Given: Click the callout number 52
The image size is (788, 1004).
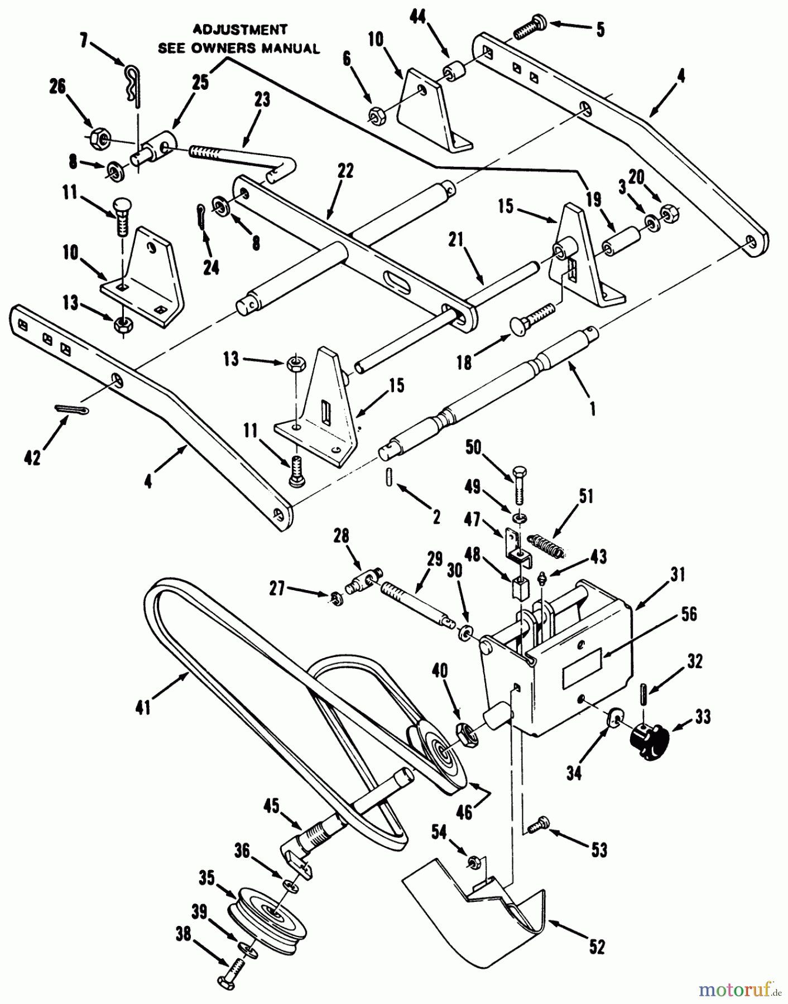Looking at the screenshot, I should [597, 947].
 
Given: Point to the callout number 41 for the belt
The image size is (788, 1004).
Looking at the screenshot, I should [143, 708].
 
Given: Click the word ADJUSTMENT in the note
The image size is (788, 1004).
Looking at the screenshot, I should [240, 29].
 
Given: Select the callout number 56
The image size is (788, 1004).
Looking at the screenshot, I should [689, 614].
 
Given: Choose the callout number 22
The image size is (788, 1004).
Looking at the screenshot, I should [345, 170].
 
